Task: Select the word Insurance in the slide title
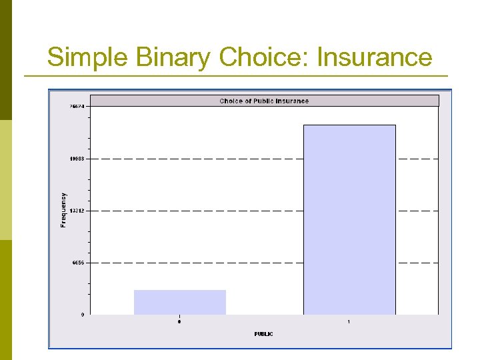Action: (x=375, y=57)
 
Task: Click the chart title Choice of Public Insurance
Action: (x=264, y=101)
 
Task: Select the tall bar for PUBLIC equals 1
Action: (x=349, y=220)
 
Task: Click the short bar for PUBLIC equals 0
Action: (x=180, y=302)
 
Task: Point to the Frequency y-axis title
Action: (x=64, y=210)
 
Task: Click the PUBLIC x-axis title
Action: (x=263, y=333)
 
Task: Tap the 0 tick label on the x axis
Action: (x=179, y=322)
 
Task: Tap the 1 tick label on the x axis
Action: (x=349, y=322)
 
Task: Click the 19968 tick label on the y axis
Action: (x=78, y=159)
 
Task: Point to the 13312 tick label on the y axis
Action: (x=78, y=211)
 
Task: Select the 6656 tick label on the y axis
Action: (x=79, y=263)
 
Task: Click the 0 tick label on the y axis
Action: (x=83, y=315)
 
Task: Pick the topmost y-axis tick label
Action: (x=78, y=107)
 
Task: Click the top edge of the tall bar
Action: (x=349, y=125)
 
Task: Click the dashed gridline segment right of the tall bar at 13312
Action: (x=418, y=211)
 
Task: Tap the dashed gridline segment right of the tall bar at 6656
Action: (x=418, y=263)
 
